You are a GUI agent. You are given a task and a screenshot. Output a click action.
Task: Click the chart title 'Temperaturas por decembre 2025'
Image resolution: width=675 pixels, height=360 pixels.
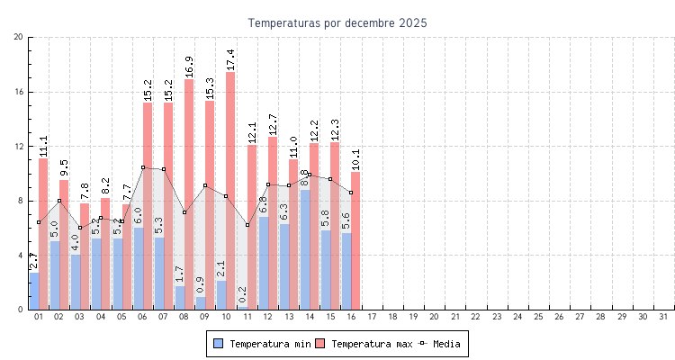337,22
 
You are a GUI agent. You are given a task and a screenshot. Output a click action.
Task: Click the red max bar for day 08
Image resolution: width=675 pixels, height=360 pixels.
189,193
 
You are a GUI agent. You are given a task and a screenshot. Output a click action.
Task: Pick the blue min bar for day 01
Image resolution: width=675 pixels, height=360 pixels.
34,291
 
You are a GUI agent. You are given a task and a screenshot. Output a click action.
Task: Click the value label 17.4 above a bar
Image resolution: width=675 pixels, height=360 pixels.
230,59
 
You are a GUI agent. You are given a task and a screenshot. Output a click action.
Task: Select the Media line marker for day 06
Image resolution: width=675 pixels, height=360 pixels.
142,167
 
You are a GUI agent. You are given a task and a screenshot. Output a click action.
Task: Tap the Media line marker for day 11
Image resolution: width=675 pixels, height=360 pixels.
247,225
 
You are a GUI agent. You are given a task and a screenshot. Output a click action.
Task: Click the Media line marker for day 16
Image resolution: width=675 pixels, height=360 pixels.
351,193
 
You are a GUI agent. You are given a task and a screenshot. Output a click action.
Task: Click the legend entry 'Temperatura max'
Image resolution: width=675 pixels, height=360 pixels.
363,344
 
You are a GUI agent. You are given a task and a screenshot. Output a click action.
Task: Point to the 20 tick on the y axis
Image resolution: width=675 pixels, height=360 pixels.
19,37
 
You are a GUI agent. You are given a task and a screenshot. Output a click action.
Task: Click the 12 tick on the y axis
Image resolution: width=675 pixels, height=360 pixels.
19,146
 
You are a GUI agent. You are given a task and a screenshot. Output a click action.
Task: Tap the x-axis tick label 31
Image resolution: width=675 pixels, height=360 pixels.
663,317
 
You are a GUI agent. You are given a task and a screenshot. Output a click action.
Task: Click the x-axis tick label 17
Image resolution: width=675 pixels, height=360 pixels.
372,317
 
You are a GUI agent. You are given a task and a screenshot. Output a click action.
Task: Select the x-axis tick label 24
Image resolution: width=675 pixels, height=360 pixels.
517,317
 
